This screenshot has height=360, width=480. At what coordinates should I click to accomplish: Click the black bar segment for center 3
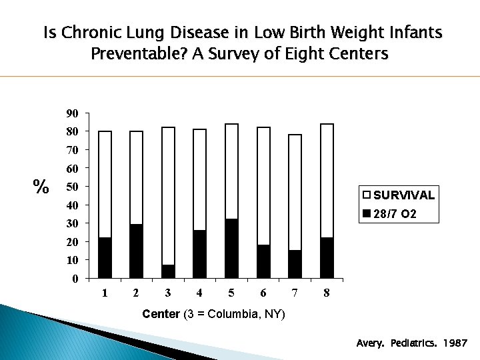[x=168, y=271]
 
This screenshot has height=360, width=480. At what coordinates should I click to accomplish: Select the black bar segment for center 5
[x=231, y=248]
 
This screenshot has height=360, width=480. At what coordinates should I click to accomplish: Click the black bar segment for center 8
[x=327, y=257]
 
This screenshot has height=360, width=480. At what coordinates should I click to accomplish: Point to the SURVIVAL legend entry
[x=398, y=195]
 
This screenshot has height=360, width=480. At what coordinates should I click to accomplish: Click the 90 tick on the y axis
[x=72, y=113]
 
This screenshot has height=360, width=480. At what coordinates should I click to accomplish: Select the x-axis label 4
[x=199, y=293]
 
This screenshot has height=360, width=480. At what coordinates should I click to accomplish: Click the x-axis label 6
[x=263, y=293]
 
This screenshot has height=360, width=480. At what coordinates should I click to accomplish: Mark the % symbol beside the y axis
[x=41, y=187]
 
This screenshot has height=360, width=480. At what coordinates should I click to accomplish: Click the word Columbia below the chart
[x=230, y=314]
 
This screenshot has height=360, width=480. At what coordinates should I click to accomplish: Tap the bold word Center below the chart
[x=161, y=314]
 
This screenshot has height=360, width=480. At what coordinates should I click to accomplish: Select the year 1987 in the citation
[x=455, y=344]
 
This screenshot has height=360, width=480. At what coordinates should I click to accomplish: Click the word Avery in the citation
[x=370, y=344]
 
